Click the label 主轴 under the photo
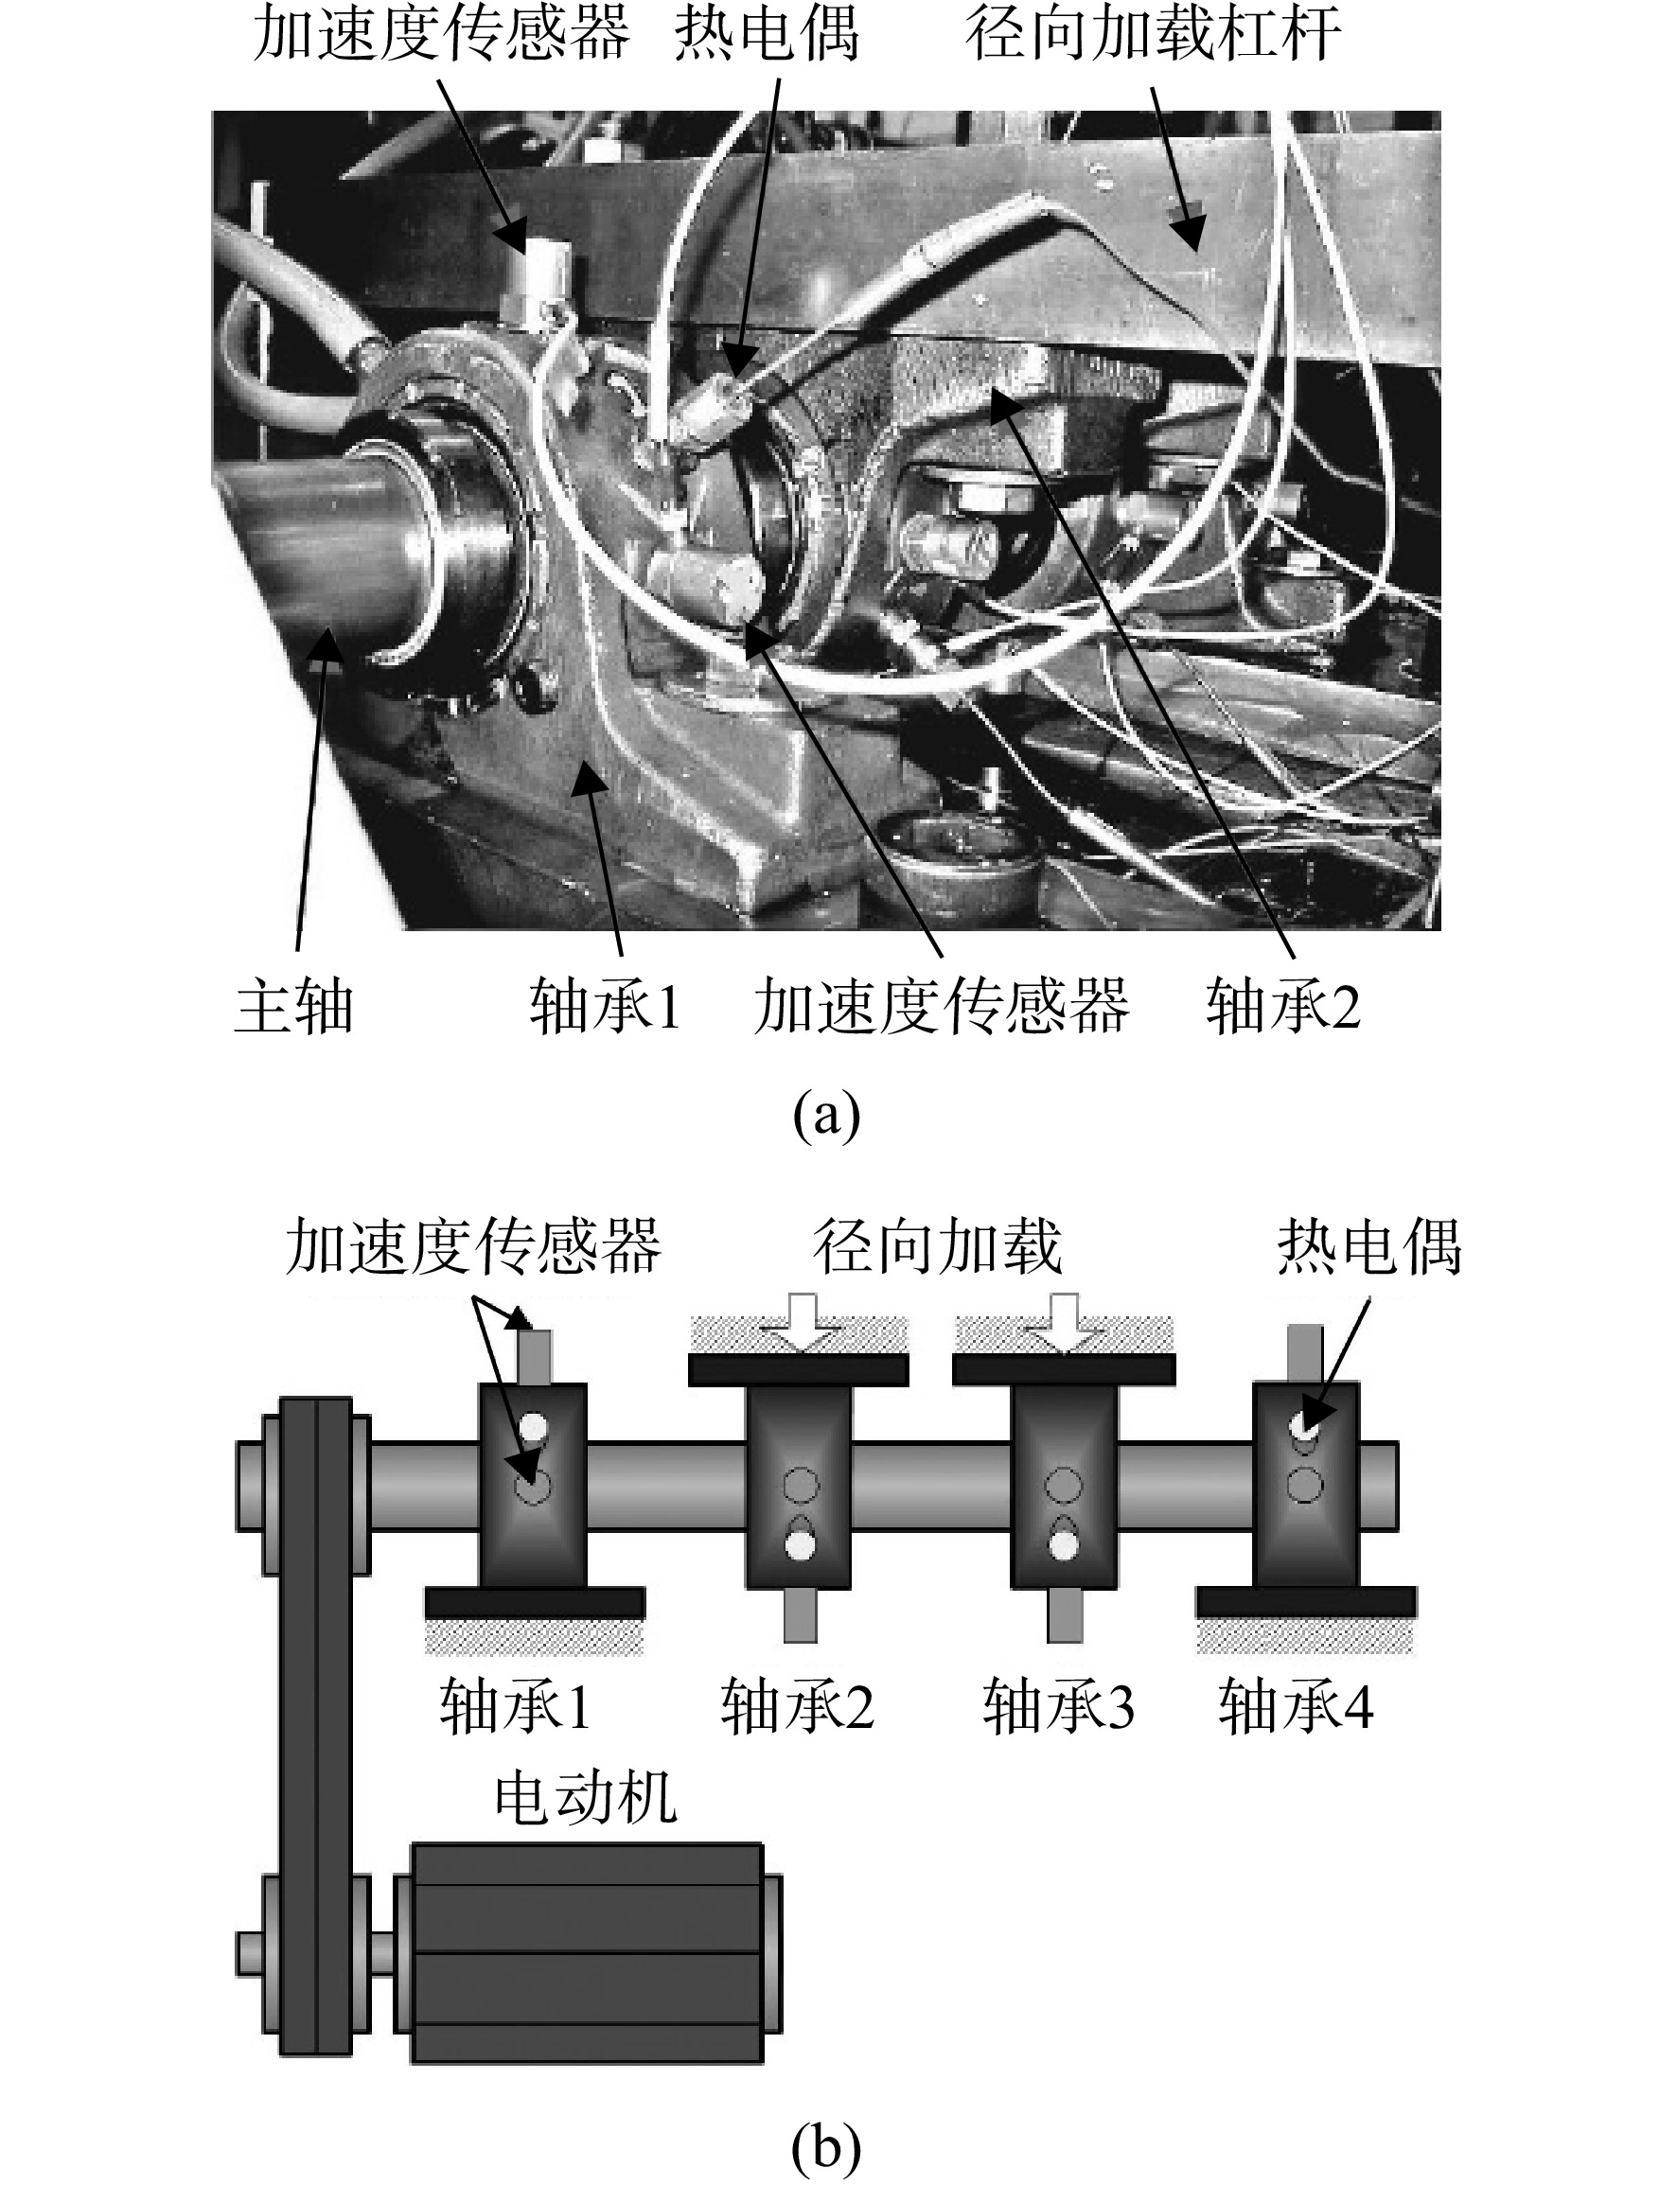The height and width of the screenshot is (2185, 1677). [x=294, y=1006]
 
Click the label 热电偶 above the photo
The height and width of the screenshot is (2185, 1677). [x=767, y=32]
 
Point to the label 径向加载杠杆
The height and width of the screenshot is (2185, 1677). [x=1153, y=32]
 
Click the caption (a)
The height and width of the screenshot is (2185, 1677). [x=826, y=1116]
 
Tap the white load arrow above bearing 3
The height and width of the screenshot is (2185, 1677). [x=1064, y=1324]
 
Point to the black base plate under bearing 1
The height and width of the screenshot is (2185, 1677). [x=535, y=1602]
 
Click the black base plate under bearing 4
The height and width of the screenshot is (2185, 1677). [x=1306, y=1602]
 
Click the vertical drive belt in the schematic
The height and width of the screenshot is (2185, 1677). [x=315, y=1726]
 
